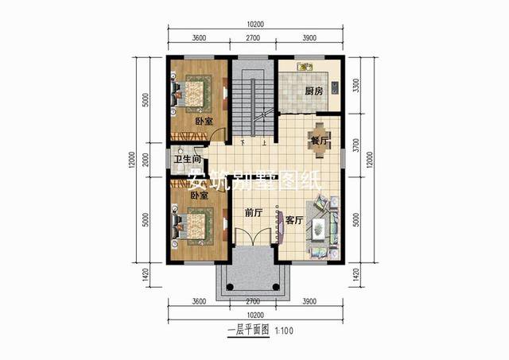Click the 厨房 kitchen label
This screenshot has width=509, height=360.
click(313, 91)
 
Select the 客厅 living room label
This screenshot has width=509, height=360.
click(294, 220)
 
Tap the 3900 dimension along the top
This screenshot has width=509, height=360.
click(311, 38)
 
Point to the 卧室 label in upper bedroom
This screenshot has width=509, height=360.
click(204, 122)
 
